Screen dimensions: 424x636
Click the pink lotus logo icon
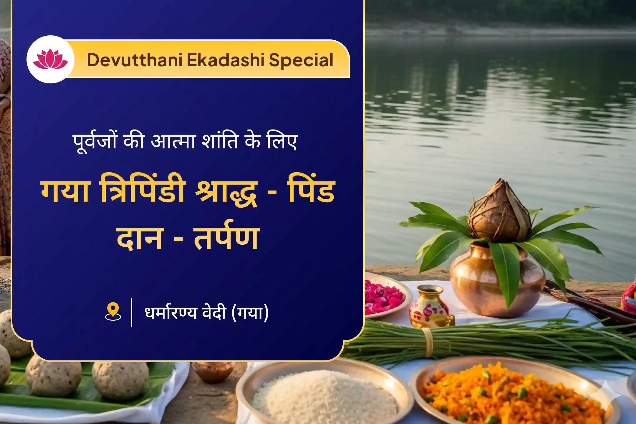coord(50,59)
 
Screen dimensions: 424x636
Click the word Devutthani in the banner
coord(134,60)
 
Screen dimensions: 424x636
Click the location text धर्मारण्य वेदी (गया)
coord(206,313)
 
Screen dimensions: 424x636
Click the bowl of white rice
coord(324,395)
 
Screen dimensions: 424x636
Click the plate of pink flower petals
coord(383,297)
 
